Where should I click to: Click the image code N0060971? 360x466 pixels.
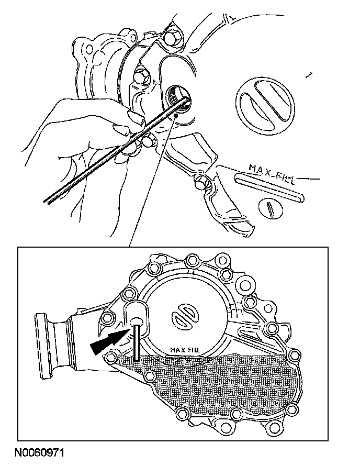(39, 452)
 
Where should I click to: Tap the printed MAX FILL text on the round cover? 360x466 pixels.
(185, 350)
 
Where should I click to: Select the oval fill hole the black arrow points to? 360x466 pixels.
(137, 321)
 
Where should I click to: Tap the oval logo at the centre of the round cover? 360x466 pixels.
(184, 318)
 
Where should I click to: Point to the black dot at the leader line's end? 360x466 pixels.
(176, 115)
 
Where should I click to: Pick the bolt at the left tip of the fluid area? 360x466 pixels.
(110, 356)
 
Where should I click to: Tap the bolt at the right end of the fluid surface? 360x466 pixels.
(294, 355)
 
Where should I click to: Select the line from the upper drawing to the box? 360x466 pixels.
(153, 182)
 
